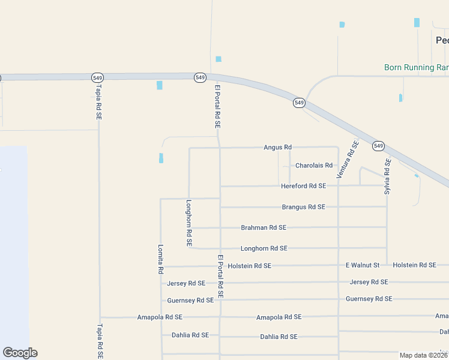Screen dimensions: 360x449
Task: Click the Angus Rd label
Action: pyautogui.click(x=277, y=147)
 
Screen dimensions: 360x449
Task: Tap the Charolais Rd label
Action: pyautogui.click(x=313, y=166)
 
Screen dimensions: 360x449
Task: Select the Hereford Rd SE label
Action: pyautogui.click(x=303, y=186)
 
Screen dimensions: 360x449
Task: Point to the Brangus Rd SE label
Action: pyautogui.click(x=303, y=207)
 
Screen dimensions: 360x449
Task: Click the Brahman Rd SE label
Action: pyautogui.click(x=264, y=227)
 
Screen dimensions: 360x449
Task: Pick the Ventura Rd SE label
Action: pyautogui.click(x=347, y=160)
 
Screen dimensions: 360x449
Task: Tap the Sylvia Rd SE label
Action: pyautogui.click(x=388, y=176)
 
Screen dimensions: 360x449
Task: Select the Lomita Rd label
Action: pyautogui.click(x=160, y=259)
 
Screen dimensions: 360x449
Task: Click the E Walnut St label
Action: pyautogui.click(x=363, y=265)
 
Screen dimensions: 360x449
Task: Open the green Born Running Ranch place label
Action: pyautogui.click(x=417, y=68)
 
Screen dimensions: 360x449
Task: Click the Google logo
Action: pyautogui.click(x=20, y=353)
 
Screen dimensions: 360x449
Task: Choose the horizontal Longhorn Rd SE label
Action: pyautogui.click(x=264, y=248)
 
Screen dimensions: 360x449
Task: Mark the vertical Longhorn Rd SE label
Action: pyautogui.click(x=188, y=223)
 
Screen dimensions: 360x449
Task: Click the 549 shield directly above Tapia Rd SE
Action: pyautogui.click(x=98, y=78)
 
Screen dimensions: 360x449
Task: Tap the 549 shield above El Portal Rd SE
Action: pyautogui.click(x=200, y=78)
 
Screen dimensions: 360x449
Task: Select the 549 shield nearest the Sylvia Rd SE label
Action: pyautogui.click(x=378, y=146)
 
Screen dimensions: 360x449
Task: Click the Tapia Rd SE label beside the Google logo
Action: pyautogui.click(x=100, y=341)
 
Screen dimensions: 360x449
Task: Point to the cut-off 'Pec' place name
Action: pyautogui.click(x=442, y=40)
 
